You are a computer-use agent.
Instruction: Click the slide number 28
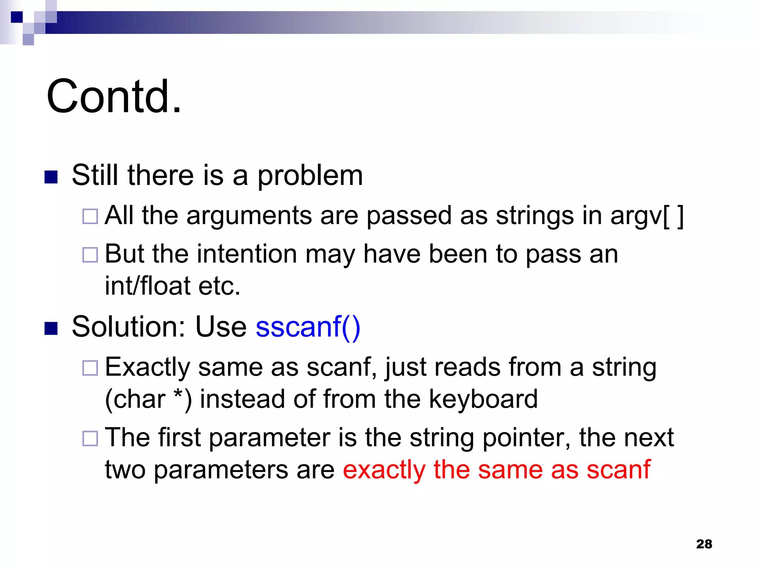click(704, 544)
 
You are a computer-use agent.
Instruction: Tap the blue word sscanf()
click(308, 327)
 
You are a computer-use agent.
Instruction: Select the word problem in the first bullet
click(310, 176)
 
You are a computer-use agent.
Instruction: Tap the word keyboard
click(483, 399)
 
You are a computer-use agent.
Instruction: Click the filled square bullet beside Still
click(51, 177)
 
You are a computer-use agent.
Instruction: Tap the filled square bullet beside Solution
click(51, 328)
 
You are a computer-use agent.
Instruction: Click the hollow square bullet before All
click(90, 216)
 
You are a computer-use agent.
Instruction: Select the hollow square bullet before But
click(90, 255)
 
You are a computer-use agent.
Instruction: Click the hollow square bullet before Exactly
click(90, 368)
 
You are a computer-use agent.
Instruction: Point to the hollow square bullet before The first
click(90, 439)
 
